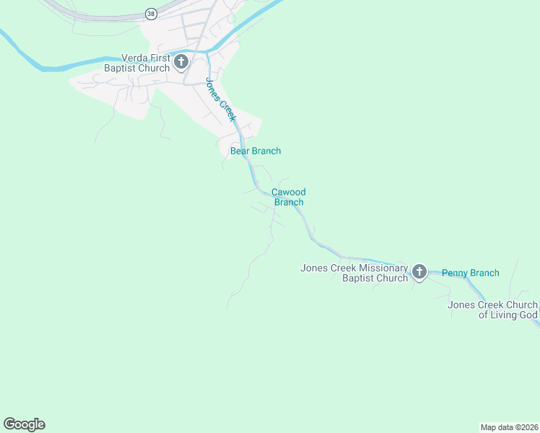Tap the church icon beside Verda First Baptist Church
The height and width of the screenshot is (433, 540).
(181, 62)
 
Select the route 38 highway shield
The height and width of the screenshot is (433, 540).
(150, 14)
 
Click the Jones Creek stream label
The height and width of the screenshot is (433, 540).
(221, 100)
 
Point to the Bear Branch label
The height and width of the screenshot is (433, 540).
(255, 151)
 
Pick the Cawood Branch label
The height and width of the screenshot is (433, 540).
(288, 197)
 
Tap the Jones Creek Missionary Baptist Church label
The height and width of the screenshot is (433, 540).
(354, 273)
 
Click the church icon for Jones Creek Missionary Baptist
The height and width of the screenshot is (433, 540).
(419, 272)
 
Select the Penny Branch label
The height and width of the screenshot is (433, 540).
(470, 273)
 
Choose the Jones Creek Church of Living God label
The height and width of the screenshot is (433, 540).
(492, 310)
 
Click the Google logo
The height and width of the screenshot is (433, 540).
(24, 424)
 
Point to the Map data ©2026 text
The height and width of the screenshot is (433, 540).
(509, 427)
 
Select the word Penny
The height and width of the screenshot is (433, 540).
(456, 273)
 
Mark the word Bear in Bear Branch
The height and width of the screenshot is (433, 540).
(240, 151)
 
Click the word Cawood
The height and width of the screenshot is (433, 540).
(288, 192)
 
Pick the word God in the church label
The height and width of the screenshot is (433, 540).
(527, 315)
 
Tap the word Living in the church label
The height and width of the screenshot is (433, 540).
(501, 315)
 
